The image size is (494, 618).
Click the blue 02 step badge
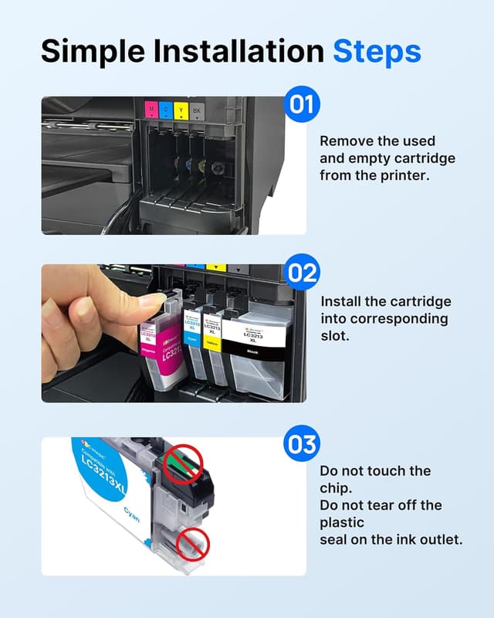pos(302,273)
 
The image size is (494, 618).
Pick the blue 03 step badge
pos(302,446)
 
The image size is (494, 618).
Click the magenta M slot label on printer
pos(151,109)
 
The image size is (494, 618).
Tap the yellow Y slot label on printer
pos(181,109)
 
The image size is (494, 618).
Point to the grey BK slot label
pos(197,109)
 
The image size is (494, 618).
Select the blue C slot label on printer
pos(167,109)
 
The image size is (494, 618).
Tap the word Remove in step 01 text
pos(346,141)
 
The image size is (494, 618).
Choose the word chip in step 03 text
pos(334,487)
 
